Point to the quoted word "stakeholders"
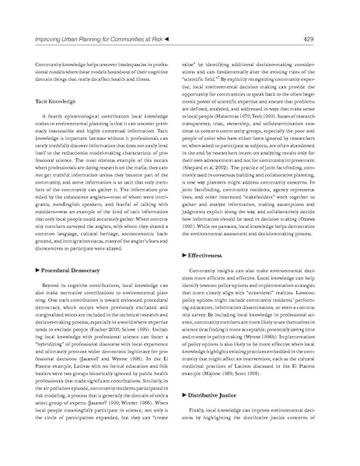(x=262, y=199)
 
